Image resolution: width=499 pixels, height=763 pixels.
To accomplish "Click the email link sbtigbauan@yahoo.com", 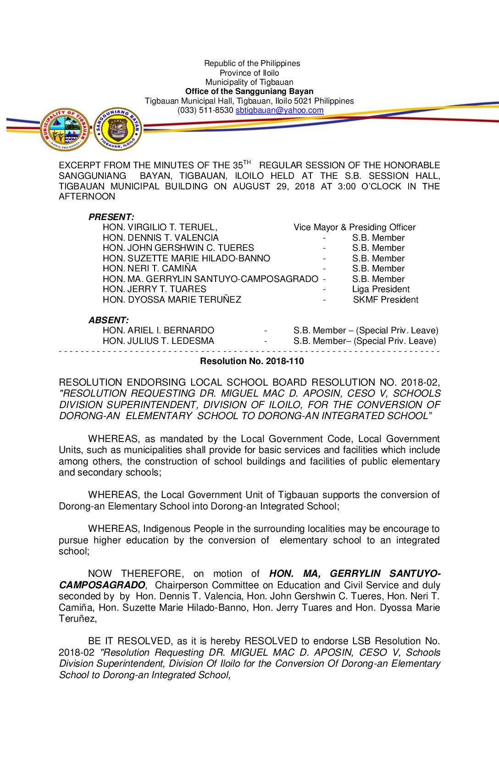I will point(279,111).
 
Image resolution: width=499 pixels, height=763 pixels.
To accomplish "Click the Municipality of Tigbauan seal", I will point(65,130).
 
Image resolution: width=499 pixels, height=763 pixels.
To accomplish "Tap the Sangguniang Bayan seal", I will point(118,129).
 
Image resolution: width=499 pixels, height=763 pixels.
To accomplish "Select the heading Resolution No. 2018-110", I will point(252,361).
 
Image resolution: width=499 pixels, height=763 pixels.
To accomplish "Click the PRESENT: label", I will point(111,217).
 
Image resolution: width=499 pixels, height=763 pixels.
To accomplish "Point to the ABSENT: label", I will point(109,320).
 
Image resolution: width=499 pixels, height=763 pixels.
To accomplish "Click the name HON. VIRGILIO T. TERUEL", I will point(160,227).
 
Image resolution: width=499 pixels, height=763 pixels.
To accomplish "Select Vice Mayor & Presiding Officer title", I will point(355,227).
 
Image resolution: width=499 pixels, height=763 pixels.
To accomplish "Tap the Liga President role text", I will point(381,289).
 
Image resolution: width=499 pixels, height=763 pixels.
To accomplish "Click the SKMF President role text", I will point(386,300).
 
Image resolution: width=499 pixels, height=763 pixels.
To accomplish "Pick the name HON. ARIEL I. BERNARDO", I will point(158,331).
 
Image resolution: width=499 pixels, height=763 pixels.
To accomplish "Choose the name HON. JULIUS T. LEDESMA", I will point(158,341).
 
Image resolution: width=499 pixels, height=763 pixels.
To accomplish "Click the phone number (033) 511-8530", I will point(205,111).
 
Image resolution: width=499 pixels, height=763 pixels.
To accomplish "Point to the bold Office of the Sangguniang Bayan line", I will point(249,92).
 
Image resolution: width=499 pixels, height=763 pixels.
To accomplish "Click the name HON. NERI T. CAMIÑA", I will point(150,269).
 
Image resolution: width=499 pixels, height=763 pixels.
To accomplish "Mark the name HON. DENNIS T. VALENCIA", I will point(161,238).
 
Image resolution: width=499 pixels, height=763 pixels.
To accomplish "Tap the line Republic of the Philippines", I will point(252,63).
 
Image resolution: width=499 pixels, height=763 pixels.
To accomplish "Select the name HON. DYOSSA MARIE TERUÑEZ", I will point(172,300).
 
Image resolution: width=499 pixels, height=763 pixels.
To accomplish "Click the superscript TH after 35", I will point(247,162).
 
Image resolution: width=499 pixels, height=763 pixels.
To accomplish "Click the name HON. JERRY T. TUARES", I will point(154,289).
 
